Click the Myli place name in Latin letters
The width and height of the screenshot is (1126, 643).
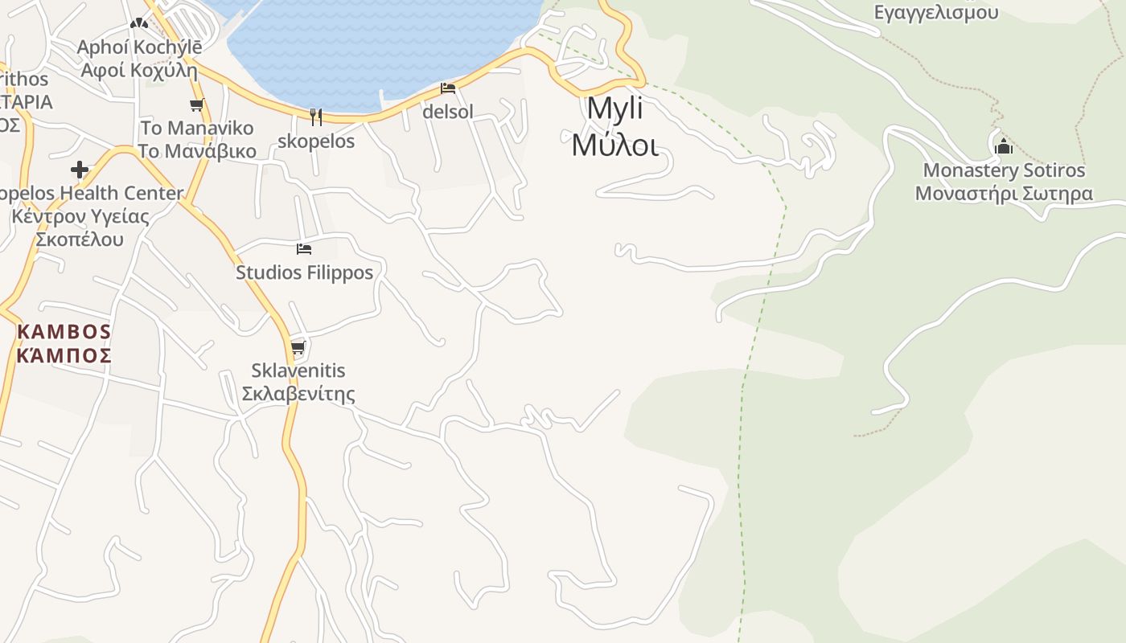tap(614, 109)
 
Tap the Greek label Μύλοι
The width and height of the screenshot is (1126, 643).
tap(614, 145)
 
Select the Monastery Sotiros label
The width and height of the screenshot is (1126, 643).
tap(1004, 170)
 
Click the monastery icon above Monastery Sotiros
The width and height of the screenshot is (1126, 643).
tap(1003, 146)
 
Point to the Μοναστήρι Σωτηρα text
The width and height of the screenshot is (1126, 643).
tap(1004, 194)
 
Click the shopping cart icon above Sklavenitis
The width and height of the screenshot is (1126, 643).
tap(298, 347)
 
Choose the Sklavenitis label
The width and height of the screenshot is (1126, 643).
tap(298, 371)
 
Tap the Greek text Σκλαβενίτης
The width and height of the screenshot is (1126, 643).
tap(298, 394)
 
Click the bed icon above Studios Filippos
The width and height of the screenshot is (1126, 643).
tap(303, 249)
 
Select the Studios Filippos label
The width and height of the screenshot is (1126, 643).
tap(304, 272)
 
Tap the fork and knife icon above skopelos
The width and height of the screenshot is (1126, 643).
tap(316, 117)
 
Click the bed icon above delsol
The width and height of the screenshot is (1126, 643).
tap(448, 88)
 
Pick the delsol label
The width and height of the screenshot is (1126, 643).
tap(448, 112)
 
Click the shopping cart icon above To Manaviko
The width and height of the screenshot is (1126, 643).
tap(196, 104)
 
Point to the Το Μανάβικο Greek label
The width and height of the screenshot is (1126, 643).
tap(197, 151)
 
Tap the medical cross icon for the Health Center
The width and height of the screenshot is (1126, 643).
tap(80, 170)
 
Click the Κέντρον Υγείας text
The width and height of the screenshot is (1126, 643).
tap(80, 216)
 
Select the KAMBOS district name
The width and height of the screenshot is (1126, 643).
tap(64, 331)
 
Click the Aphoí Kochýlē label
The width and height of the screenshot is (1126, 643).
tap(139, 47)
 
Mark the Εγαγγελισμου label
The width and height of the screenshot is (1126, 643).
tap(935, 12)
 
